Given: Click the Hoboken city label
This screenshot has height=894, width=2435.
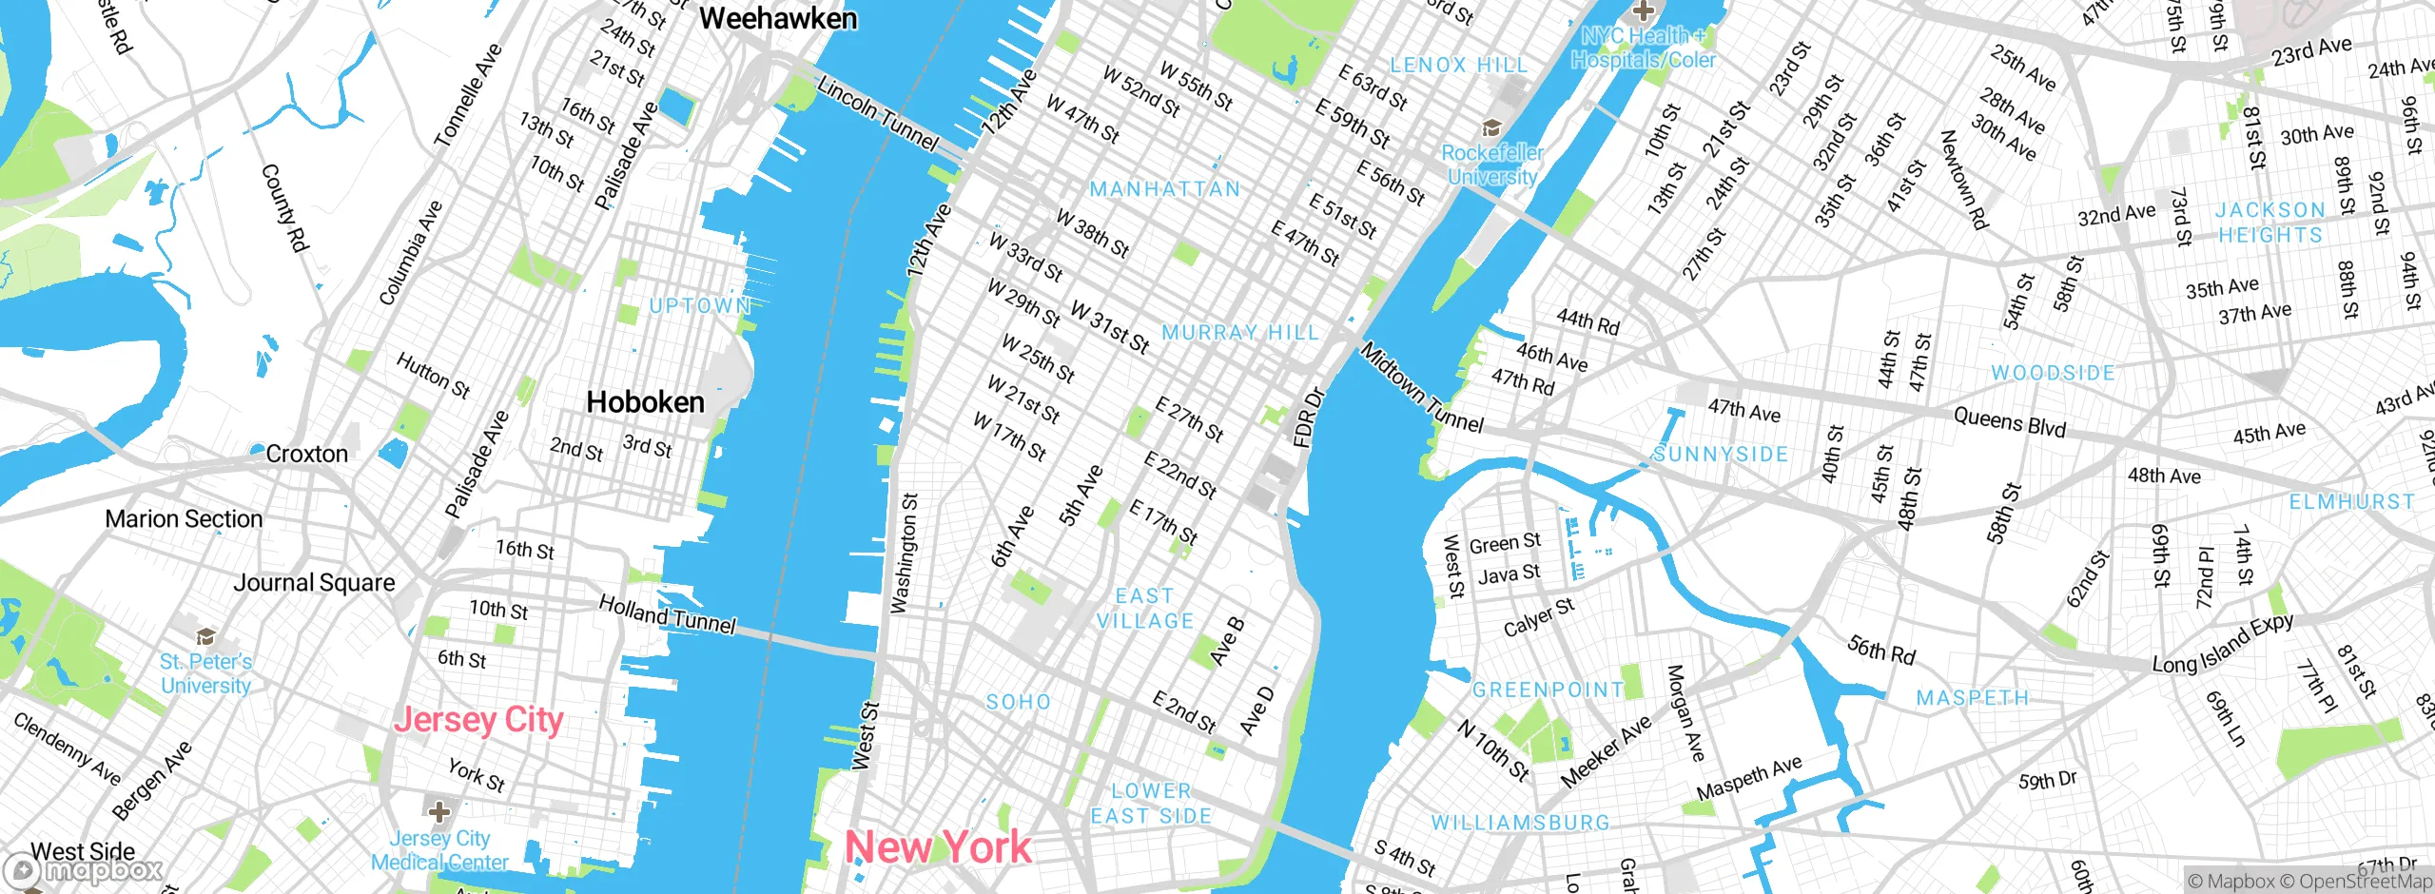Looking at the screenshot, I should (x=645, y=402).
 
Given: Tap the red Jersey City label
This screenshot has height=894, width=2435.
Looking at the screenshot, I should (x=478, y=720).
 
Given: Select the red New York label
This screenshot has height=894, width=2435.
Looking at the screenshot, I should (x=938, y=846).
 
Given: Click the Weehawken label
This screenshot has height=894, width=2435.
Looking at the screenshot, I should (x=777, y=18).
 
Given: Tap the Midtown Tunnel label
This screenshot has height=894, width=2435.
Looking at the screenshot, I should (x=1422, y=387).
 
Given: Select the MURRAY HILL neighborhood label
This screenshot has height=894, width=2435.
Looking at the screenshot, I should (x=1240, y=333).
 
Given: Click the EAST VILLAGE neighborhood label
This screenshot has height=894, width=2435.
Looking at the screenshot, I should (x=1144, y=609).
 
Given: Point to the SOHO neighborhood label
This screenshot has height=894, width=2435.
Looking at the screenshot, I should (x=1018, y=702).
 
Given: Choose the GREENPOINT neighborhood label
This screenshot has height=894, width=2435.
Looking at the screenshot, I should (x=1548, y=690).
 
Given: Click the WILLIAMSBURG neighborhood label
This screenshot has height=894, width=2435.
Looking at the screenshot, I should (x=1520, y=823).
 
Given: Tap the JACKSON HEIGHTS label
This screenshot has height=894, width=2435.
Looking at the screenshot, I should (x=2270, y=223).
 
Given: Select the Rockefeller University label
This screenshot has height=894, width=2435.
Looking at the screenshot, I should (x=1492, y=165).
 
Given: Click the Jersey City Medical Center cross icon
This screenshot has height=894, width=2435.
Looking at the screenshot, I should (x=439, y=812).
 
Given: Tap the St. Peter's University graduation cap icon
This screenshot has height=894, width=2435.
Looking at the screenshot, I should (x=205, y=636).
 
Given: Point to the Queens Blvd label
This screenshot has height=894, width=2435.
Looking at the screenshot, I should (x=2010, y=421).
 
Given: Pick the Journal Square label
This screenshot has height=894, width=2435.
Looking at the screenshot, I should (x=314, y=583).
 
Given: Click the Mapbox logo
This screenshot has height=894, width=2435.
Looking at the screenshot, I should (x=84, y=870).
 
